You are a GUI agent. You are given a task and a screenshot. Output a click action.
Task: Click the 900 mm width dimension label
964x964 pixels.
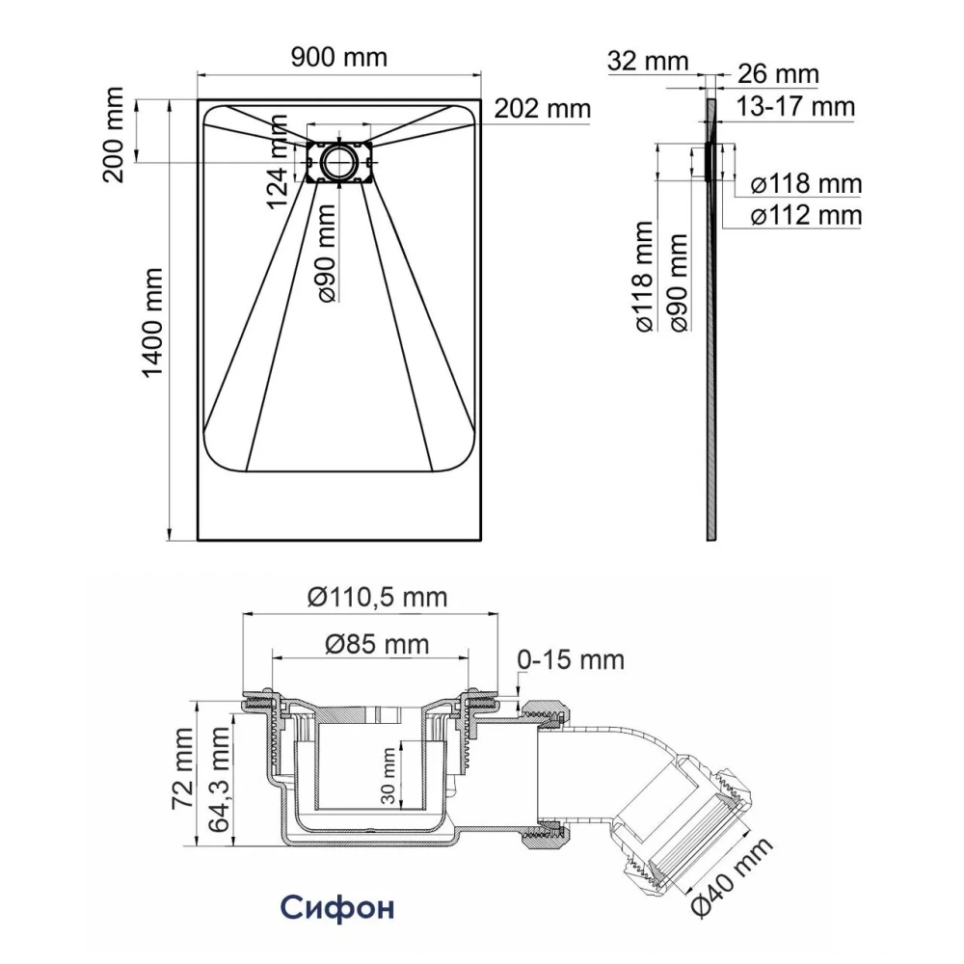[x=338, y=58]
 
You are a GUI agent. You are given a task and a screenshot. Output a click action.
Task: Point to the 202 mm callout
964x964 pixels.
[x=542, y=109]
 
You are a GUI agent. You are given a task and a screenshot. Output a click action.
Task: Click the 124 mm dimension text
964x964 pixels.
[x=278, y=161]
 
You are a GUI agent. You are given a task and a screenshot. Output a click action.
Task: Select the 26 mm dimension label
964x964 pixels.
[x=778, y=74]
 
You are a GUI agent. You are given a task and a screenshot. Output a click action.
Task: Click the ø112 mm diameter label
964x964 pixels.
[x=806, y=215]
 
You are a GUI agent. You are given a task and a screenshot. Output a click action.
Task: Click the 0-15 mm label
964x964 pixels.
[x=571, y=660]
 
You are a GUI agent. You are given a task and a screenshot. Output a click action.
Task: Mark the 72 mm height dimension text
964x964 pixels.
[x=182, y=762]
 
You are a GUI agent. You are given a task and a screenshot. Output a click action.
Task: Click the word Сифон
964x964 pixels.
[x=337, y=909]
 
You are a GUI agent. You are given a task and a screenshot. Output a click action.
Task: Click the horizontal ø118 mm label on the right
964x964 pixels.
[x=806, y=183]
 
